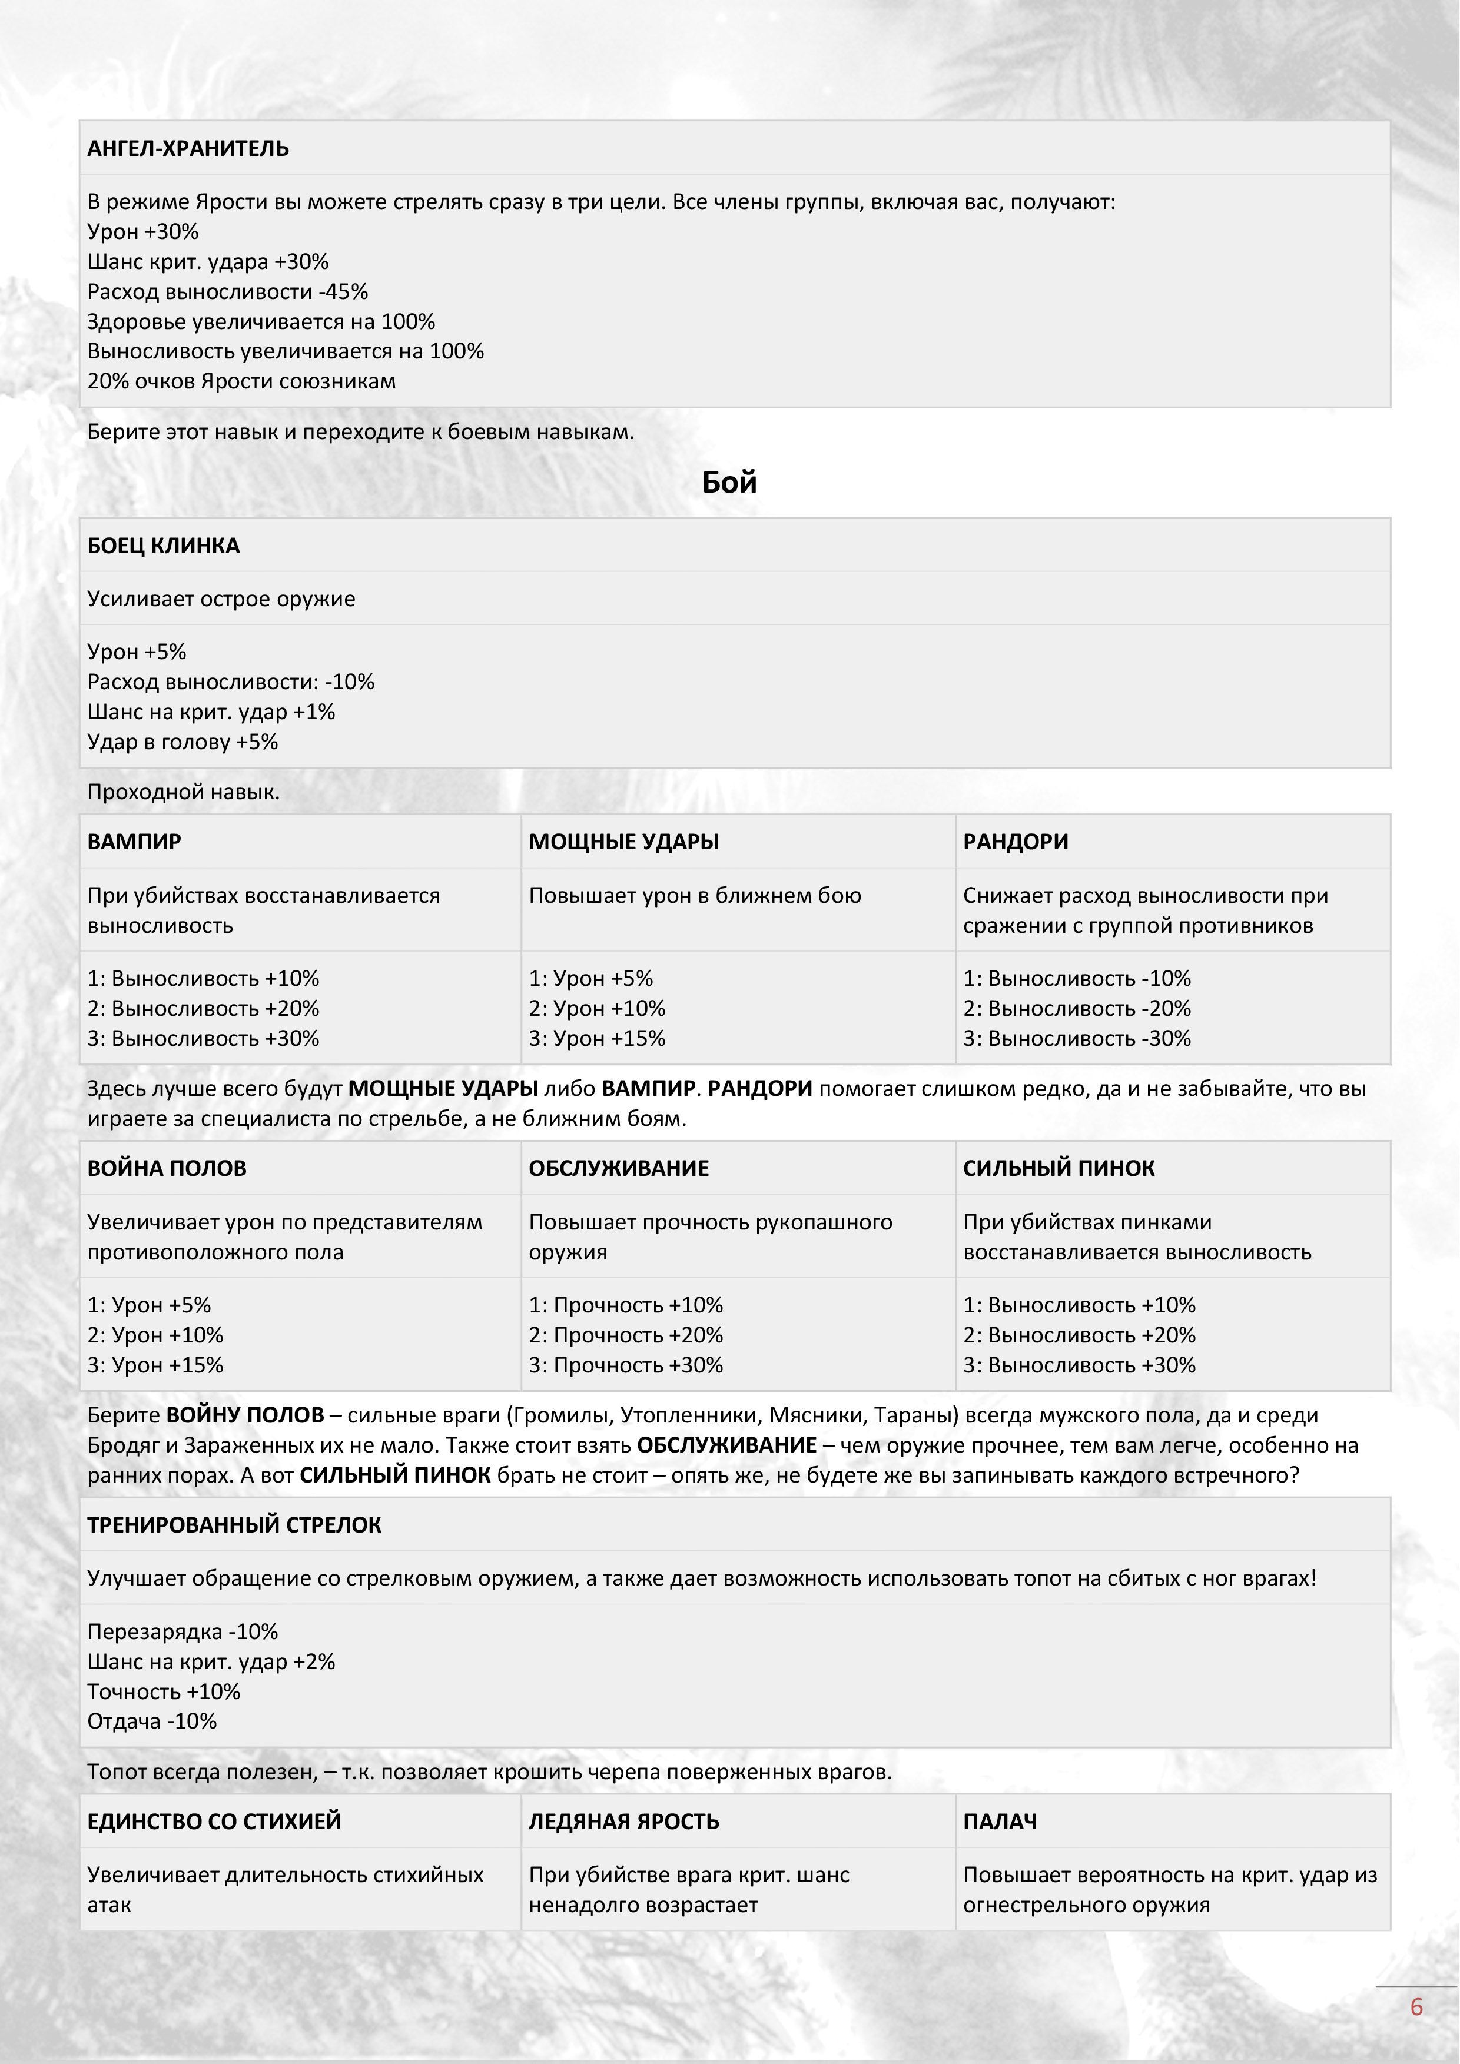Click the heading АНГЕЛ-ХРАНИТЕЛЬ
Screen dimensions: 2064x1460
188,149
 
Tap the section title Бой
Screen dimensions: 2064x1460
729,483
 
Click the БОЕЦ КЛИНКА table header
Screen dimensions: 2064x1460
164,546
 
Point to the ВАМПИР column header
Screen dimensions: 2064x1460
134,842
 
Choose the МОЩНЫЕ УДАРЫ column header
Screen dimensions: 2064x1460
623,842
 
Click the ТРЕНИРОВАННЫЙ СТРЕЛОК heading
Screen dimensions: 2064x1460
234,1525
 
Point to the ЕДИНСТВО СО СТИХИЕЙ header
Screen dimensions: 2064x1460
214,1822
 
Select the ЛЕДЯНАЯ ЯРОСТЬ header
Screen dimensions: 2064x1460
624,1822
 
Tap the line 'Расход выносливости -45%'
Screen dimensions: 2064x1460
227,291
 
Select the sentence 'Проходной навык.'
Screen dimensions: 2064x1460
184,792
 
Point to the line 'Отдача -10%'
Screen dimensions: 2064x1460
152,1721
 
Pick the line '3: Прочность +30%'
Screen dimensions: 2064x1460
626,1365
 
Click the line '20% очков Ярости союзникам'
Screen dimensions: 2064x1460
241,381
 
